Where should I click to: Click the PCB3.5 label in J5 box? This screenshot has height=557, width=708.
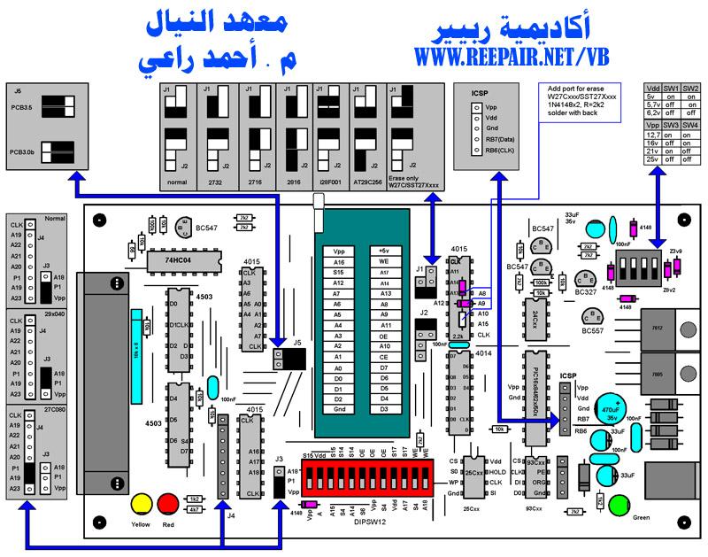click(x=21, y=107)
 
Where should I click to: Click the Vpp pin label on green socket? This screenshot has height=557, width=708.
click(x=339, y=251)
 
